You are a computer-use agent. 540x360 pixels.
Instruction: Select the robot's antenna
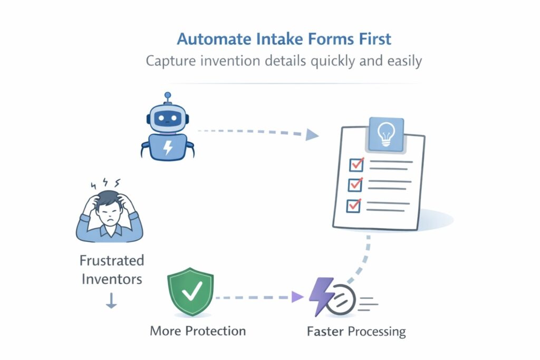pos(168,97)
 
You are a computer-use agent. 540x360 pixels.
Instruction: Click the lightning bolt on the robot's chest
pos(168,148)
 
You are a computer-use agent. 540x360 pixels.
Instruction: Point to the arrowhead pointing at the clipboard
pos(312,135)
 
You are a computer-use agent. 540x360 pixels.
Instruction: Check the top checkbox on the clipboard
pos(355,165)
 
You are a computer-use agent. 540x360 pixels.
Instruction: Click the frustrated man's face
pos(109,211)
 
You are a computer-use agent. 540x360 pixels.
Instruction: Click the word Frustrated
pos(111,260)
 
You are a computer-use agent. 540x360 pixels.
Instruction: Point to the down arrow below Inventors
pos(111,301)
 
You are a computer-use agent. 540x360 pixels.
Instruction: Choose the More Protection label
pos(198,331)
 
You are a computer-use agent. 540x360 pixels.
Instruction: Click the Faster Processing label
pos(356,332)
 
